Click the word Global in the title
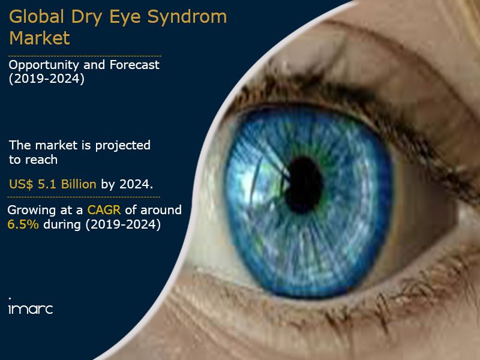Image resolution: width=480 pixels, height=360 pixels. [x=37, y=17]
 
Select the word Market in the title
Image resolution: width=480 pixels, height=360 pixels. [x=40, y=38]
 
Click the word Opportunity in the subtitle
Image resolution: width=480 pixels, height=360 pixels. [x=44, y=65]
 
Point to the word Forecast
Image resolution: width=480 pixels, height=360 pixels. [x=134, y=65]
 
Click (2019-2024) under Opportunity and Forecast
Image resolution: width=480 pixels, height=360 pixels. [x=47, y=79]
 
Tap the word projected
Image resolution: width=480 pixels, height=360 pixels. [x=123, y=146]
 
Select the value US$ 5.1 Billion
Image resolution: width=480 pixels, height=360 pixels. [x=53, y=184]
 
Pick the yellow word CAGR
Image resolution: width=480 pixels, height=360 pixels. [x=104, y=210]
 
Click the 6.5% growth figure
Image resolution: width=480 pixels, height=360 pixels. [x=23, y=224]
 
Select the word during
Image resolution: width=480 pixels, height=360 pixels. [x=62, y=224]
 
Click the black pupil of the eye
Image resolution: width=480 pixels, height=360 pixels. [x=304, y=185]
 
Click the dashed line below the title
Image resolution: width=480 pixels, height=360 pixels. [x=85, y=56]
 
